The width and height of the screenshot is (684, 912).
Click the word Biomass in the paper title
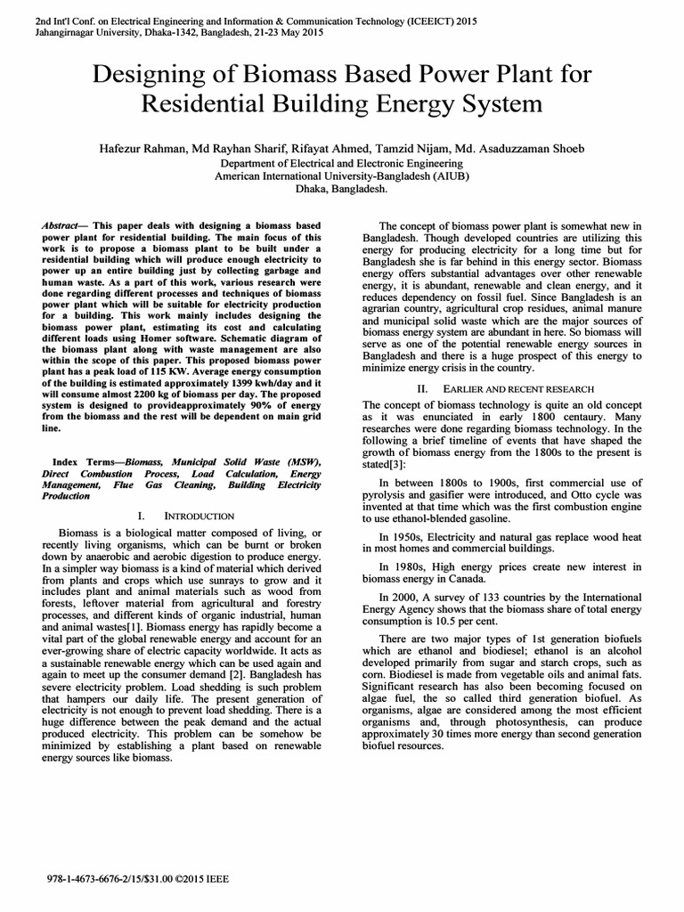pyautogui.click(x=294, y=76)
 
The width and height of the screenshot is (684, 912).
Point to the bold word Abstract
pyautogui.click(x=60, y=227)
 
